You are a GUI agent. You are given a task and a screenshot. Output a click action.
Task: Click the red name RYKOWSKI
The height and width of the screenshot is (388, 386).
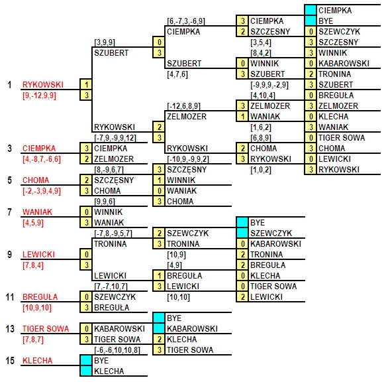point(43,85)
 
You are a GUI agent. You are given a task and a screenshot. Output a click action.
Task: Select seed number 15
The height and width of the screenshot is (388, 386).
point(10,361)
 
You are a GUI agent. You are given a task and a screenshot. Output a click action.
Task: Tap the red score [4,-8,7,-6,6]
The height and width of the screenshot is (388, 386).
point(42,159)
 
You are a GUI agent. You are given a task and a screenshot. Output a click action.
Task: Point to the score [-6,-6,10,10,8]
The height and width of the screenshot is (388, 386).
point(117,350)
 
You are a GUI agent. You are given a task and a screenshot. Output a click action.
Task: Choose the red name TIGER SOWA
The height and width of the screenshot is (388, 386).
point(46,328)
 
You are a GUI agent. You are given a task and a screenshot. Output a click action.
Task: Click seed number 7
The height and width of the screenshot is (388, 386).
point(10,212)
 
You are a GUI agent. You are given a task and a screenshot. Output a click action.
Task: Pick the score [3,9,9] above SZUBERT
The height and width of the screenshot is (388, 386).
point(105,42)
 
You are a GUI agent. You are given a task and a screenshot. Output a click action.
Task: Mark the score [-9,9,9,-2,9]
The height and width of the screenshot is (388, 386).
point(269,85)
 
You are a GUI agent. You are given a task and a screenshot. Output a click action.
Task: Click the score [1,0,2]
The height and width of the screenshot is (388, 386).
point(261,170)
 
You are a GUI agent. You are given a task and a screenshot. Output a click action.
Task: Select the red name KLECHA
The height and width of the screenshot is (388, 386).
point(37,361)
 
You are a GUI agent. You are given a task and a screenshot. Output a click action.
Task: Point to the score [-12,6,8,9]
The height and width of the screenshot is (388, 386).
point(184,106)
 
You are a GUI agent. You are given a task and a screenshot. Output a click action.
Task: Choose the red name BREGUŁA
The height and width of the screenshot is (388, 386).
point(40,296)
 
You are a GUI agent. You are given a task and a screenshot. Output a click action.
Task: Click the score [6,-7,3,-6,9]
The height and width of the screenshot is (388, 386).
point(186,21)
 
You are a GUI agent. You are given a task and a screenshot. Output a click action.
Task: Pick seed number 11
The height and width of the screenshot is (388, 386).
point(10,296)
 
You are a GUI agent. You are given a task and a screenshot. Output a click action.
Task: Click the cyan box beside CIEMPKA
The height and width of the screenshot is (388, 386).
point(311,10)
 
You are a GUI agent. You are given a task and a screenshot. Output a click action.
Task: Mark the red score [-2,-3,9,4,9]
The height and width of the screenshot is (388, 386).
point(42,191)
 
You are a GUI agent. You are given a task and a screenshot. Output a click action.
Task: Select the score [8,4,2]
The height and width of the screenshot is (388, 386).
point(261,53)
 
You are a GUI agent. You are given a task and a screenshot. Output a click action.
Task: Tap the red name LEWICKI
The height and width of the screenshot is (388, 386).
point(38,255)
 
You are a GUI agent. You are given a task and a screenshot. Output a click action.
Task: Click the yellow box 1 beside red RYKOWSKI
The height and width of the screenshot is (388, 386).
point(86,85)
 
